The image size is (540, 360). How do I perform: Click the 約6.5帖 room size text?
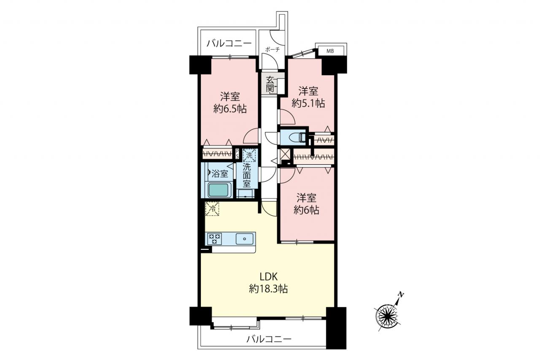click(230, 109)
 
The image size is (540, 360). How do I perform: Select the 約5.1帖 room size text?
click(308, 103)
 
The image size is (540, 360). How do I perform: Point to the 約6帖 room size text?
click(306, 210)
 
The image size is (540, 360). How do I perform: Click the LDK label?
click(269, 277)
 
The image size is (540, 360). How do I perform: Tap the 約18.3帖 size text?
click(268, 289)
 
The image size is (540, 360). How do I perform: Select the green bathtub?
click(219, 190)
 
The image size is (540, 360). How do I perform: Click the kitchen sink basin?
click(244, 239)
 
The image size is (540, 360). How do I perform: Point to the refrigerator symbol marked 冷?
click(212, 209)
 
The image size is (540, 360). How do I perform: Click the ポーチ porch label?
click(273, 50)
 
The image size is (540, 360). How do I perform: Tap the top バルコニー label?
click(229, 43)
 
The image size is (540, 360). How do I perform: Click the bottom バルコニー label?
click(269, 339)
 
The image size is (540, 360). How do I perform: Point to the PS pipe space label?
click(237, 154)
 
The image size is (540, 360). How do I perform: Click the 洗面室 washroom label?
click(247, 175)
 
